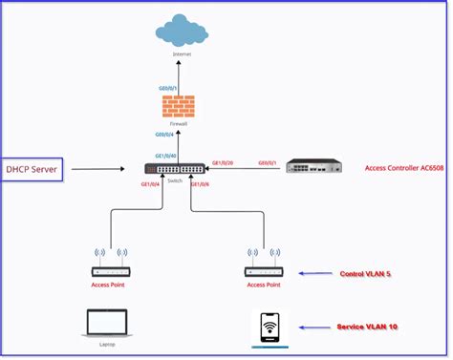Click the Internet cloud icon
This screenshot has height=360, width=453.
point(182,29)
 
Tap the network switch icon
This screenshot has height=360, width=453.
point(175,169)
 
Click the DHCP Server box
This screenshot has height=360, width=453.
point(32,169)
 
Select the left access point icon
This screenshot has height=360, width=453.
point(108,263)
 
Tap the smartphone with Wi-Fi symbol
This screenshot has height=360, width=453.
point(270,328)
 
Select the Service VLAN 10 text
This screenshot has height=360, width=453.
point(367,327)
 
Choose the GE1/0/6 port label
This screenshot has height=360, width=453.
point(200,184)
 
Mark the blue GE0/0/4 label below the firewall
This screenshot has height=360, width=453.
point(166,136)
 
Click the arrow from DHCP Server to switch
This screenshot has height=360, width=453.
point(104,170)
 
